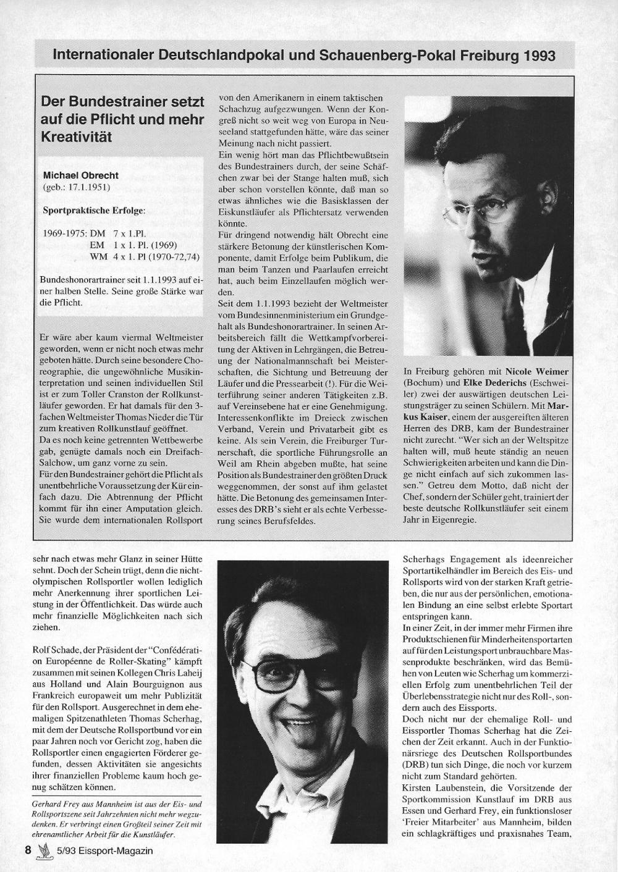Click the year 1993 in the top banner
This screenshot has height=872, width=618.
(x=539, y=56)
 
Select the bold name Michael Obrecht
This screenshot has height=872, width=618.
(x=80, y=175)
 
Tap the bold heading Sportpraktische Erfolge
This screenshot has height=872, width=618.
(x=93, y=210)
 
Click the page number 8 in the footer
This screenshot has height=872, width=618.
(x=28, y=850)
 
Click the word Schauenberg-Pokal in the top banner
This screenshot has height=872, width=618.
(x=389, y=56)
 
